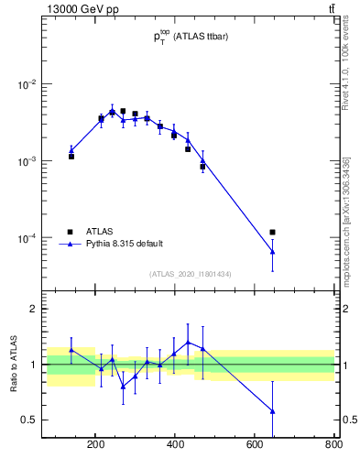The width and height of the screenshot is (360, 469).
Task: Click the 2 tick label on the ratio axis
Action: [x=31, y=310]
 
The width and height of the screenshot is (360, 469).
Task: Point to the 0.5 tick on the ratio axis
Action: [x=27, y=420]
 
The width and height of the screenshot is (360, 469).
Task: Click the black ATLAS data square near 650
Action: [x=272, y=232]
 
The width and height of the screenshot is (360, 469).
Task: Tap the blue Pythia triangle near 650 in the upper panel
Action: [x=272, y=251]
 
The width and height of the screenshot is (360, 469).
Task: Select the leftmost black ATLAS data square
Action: [x=71, y=157]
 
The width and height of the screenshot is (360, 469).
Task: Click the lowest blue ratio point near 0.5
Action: [x=272, y=411]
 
